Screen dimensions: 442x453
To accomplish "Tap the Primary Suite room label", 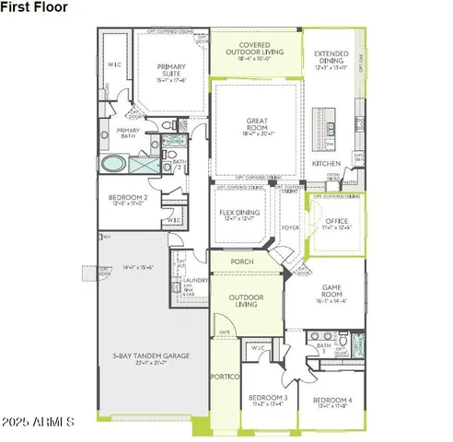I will pyautogui.click(x=171, y=71).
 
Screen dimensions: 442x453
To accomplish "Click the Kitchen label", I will pyautogui.click(x=326, y=163).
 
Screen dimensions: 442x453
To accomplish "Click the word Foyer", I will pyautogui.click(x=290, y=227).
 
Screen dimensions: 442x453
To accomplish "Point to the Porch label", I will pyautogui.click(x=242, y=261).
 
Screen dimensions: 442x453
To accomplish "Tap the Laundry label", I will pyautogui.click(x=195, y=281).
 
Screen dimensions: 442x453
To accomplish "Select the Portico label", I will pyautogui.click(x=226, y=378).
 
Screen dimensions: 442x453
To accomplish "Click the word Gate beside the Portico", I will pyautogui.click(x=224, y=331).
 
